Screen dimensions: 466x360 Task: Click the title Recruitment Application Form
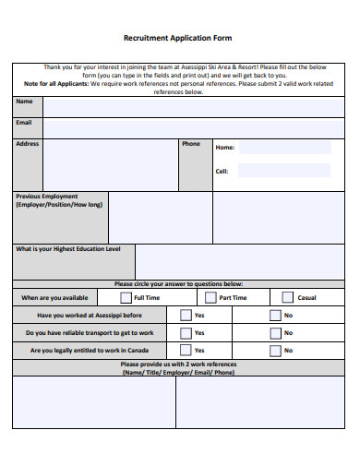[x=178, y=39]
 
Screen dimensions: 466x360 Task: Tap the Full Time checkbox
[x=126, y=297]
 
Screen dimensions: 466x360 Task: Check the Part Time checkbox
[x=210, y=297]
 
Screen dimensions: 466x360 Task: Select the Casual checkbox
[x=287, y=297]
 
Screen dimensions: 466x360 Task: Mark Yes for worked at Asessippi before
[x=185, y=315]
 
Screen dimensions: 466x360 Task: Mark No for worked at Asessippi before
[x=274, y=315]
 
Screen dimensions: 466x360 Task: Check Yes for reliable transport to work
[x=185, y=332]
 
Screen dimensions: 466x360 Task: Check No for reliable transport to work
[x=274, y=332]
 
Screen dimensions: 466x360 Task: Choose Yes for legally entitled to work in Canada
[x=185, y=351]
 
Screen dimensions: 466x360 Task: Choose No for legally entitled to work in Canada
[x=274, y=351]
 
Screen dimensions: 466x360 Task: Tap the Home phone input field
[x=284, y=148]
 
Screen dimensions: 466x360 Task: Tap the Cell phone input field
[x=284, y=171]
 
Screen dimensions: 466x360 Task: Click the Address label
[x=28, y=144]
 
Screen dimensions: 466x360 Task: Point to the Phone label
[x=191, y=144]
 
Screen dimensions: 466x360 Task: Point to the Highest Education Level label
[x=68, y=249]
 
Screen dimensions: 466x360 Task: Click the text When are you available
[x=54, y=298]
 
